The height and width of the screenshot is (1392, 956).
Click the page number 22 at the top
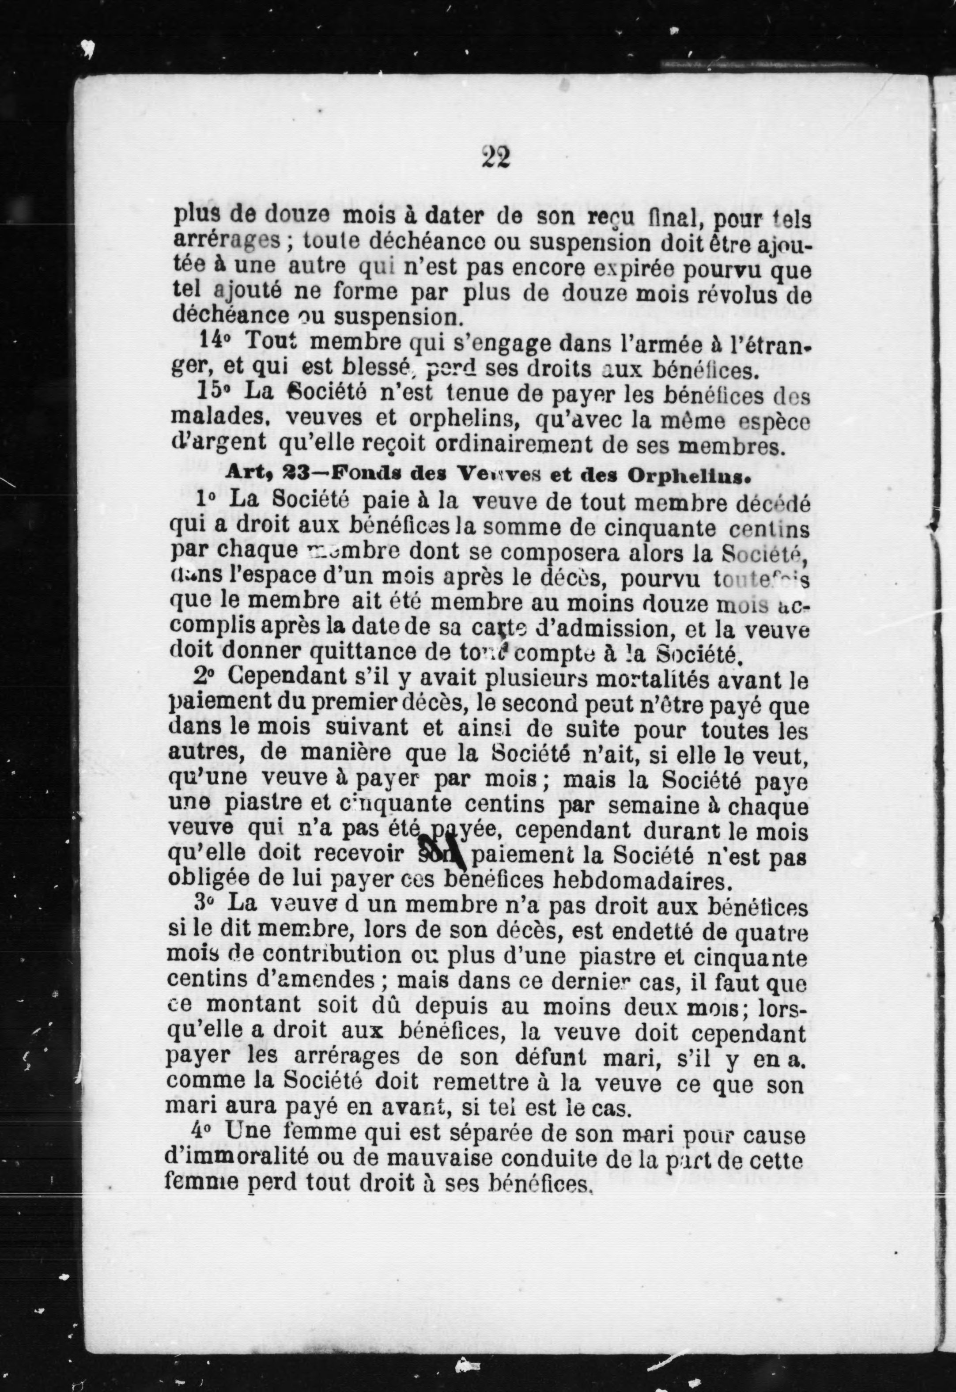(495, 158)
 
